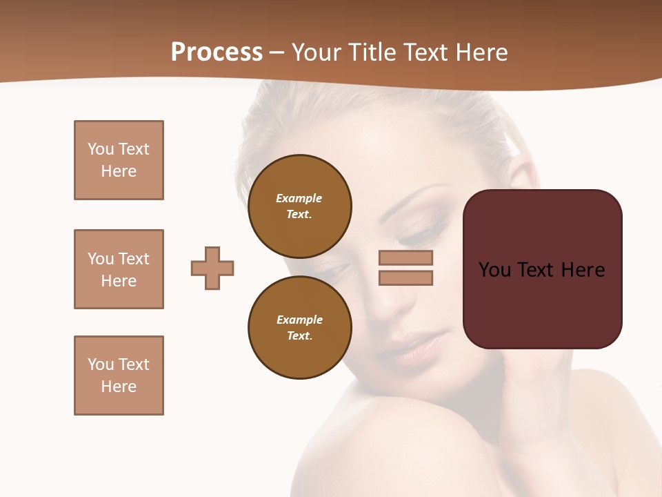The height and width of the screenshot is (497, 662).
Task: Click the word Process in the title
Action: [217, 52]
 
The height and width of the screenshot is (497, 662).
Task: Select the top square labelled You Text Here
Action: [119, 160]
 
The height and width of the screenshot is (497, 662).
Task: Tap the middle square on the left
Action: [119, 269]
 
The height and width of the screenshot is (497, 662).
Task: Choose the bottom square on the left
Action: [119, 376]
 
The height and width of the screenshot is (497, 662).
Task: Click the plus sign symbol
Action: [212, 268]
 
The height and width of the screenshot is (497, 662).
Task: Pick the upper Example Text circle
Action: [299, 206]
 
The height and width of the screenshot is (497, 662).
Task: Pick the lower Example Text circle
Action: [299, 328]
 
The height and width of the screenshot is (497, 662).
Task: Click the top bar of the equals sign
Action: [405, 257]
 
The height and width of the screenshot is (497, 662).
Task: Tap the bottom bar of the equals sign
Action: [405, 277]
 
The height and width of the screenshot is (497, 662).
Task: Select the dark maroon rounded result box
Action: [542, 269]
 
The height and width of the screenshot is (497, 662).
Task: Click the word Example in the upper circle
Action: [299, 198]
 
